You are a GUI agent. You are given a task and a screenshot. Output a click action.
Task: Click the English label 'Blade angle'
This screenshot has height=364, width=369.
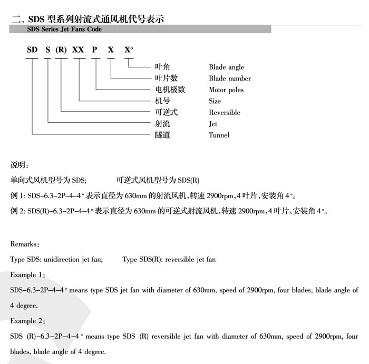click(x=226, y=67)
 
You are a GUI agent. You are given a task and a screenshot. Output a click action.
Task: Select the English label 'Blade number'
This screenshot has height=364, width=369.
click(x=230, y=78)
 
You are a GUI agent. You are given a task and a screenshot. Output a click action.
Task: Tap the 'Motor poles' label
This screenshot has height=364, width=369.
click(x=226, y=90)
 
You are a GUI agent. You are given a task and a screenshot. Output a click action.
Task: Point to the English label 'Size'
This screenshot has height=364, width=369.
click(x=215, y=101)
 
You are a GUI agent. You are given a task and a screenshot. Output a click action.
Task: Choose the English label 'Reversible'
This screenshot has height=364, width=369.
click(x=224, y=112)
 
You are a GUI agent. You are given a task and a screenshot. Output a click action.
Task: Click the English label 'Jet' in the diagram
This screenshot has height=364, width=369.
click(x=213, y=124)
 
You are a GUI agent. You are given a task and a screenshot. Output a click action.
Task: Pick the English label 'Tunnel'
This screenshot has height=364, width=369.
click(x=219, y=135)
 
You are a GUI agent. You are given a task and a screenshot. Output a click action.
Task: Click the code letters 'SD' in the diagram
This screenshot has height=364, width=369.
click(x=33, y=50)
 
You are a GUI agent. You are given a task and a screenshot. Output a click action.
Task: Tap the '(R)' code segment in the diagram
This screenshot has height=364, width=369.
click(x=62, y=50)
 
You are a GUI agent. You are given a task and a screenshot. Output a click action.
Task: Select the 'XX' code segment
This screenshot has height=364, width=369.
click(x=78, y=50)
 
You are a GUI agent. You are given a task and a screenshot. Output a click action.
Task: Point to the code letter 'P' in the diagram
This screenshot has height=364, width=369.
click(x=94, y=50)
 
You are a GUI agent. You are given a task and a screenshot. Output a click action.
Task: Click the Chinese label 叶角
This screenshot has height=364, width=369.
click(x=162, y=67)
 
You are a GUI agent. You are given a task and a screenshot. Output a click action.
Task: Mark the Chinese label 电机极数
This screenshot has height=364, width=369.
click(x=170, y=90)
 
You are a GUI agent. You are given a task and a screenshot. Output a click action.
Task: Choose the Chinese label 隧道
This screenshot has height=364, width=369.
click(x=162, y=135)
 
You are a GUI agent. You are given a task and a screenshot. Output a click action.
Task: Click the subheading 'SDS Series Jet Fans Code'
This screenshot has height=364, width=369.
click(x=64, y=30)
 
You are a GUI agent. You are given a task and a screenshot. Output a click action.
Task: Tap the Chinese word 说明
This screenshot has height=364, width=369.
click(x=20, y=165)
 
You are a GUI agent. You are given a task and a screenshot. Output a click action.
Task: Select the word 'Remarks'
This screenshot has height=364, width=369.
click(x=24, y=244)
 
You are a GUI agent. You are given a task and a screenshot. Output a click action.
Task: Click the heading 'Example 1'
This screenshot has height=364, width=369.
click(x=27, y=275)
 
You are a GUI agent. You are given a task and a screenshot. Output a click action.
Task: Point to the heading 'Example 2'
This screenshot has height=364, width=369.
click(x=27, y=321)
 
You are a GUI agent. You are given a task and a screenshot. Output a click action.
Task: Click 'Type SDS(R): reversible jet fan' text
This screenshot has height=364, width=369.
click(x=169, y=260)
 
